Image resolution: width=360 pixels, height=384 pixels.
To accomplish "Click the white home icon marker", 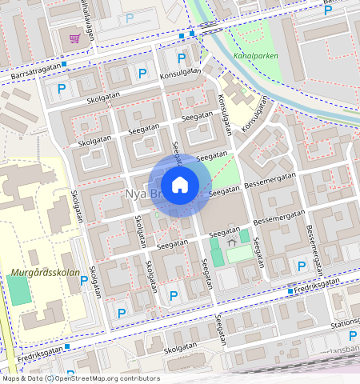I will pos(180,185).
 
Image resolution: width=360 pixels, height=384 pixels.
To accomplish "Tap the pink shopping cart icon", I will pos(74,38).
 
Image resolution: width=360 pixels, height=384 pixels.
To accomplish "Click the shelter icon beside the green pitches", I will pos(232,240).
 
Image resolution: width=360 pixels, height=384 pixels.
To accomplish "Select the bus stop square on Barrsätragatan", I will pos(64,64).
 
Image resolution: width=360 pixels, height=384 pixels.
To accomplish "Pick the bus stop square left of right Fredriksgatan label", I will pos(290,291).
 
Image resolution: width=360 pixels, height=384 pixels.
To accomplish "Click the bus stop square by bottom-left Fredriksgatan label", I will pos(67,346).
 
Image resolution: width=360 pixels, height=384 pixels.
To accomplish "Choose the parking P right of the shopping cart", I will pos(129,18).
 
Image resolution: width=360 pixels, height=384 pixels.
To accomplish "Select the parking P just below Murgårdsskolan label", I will pos(83,280).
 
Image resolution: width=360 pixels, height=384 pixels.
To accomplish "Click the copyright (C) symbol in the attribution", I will pos(49,378).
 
